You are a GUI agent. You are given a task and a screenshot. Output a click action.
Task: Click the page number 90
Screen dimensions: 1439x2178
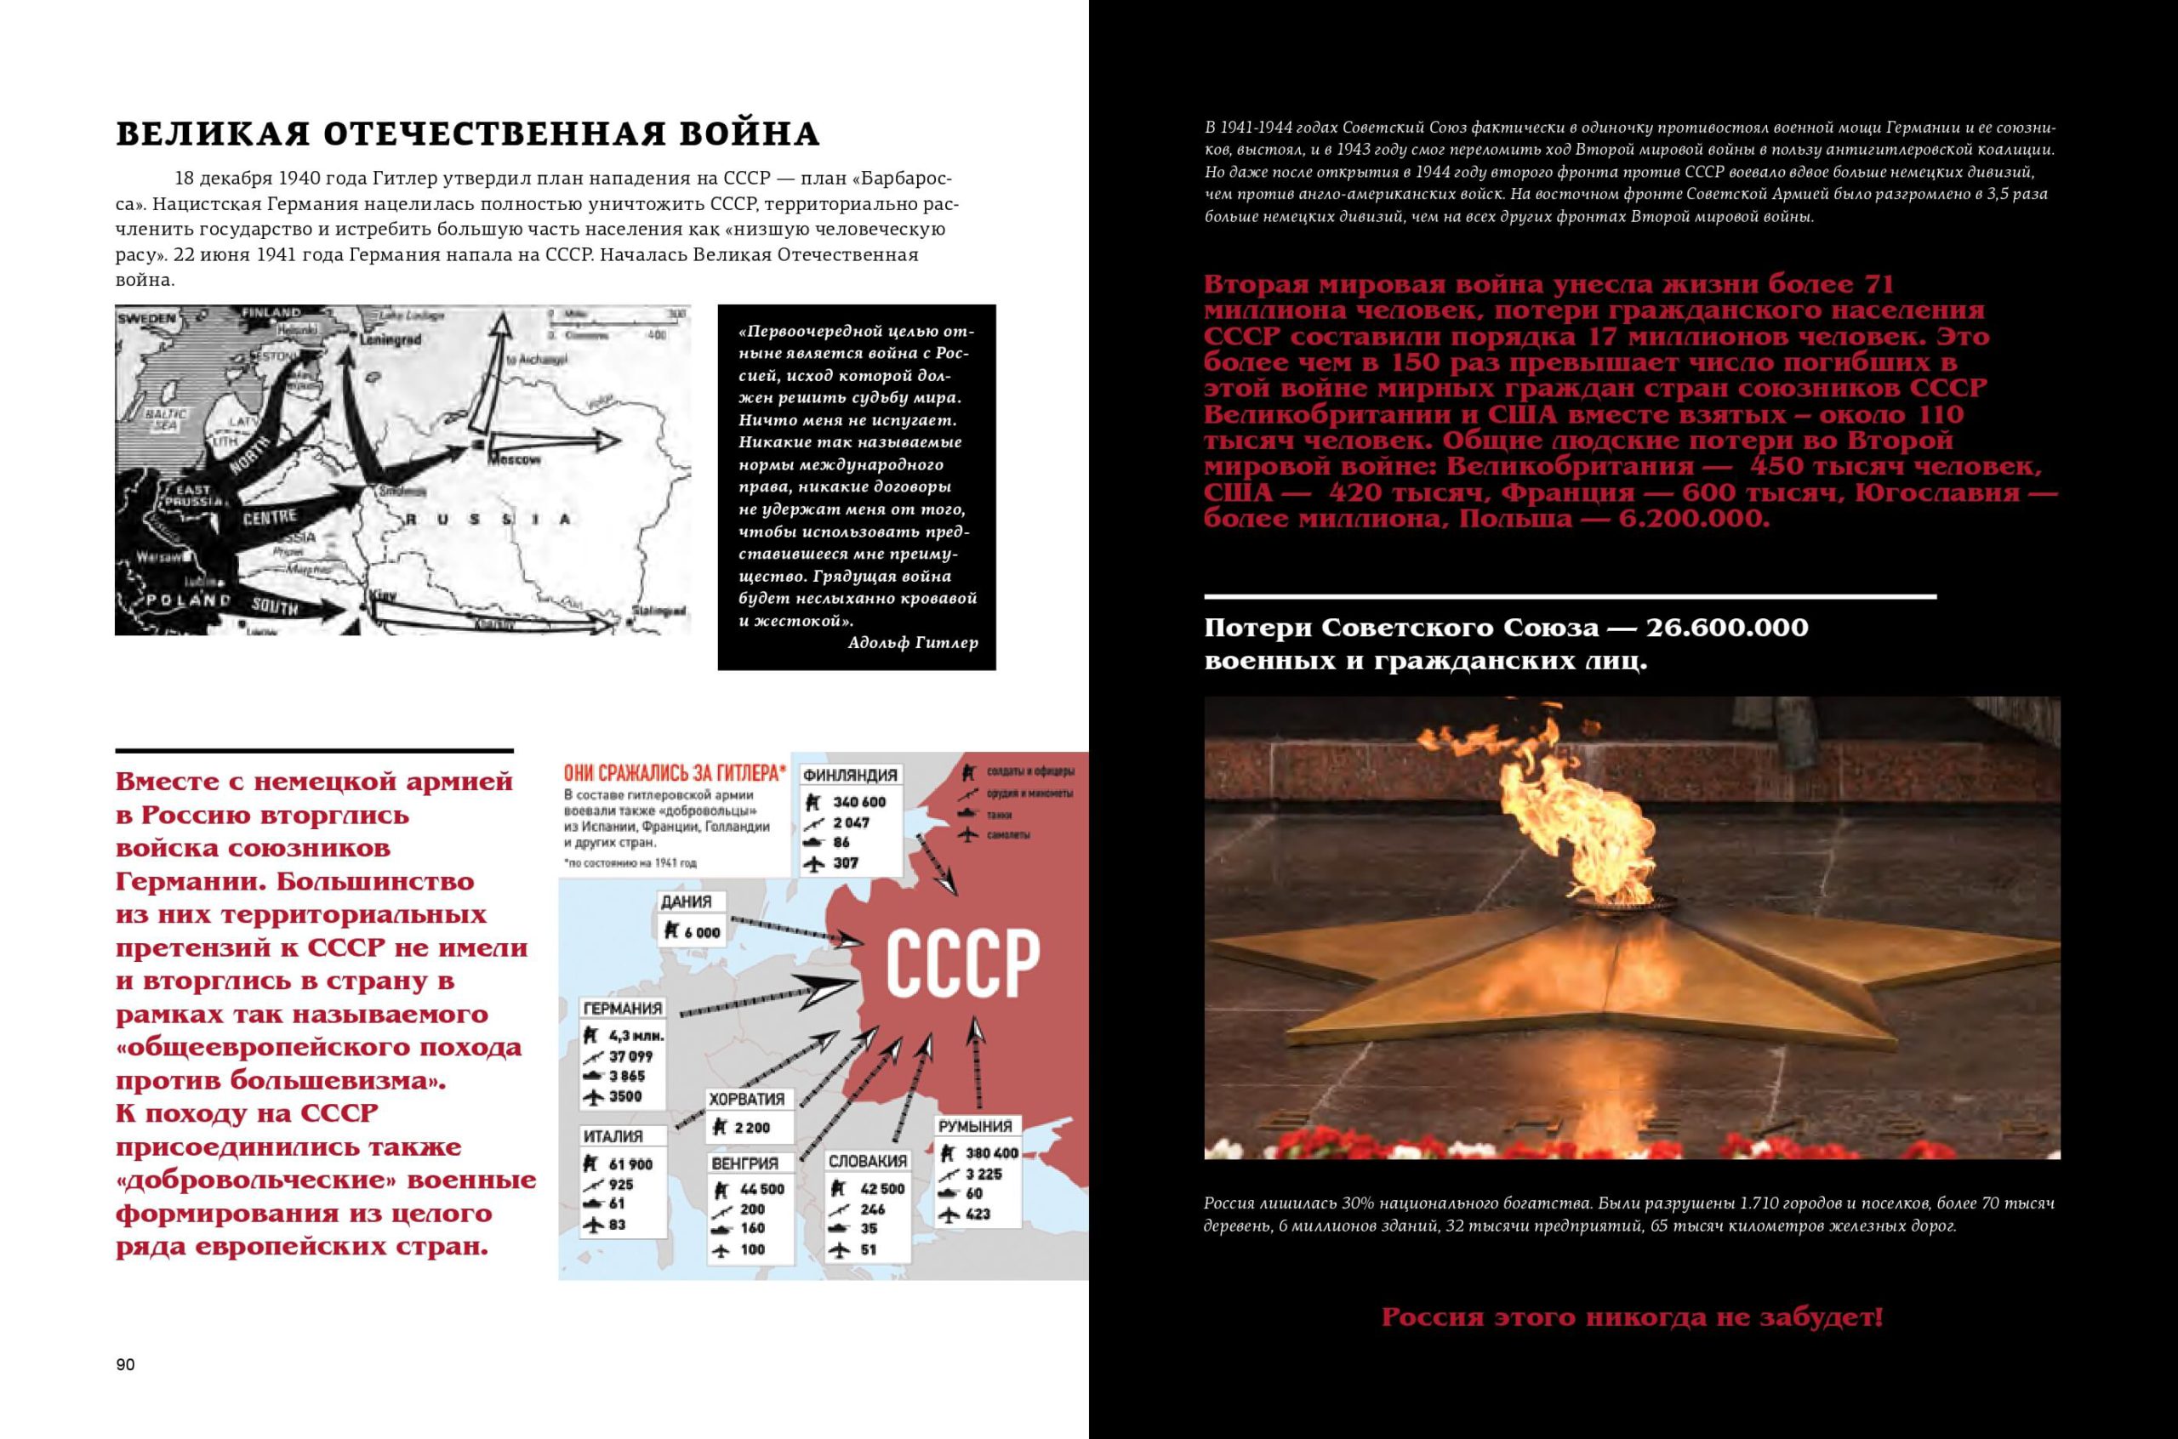[x=126, y=1365]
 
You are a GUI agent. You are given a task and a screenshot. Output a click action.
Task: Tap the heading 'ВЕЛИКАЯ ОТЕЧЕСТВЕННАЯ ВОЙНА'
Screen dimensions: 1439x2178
[x=467, y=134]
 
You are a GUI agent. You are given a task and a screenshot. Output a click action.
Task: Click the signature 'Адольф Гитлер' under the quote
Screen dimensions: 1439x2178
[x=913, y=642]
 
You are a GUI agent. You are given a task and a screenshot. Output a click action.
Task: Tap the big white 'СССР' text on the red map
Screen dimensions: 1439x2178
[x=962, y=964]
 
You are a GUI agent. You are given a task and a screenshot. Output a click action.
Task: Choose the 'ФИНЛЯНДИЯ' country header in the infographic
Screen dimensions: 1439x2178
[x=850, y=775]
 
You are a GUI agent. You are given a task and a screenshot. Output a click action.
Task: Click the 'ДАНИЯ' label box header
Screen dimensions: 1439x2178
[x=687, y=902]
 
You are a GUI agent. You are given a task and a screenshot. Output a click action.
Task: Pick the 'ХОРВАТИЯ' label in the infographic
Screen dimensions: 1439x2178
[x=746, y=1099]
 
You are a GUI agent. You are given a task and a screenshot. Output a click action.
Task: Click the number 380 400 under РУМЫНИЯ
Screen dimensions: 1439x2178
[x=991, y=1152]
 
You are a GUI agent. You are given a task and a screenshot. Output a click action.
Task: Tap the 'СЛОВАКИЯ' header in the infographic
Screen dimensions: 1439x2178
[x=867, y=1161]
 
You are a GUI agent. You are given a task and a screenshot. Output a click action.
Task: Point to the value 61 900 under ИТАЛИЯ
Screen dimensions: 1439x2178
[x=630, y=1164]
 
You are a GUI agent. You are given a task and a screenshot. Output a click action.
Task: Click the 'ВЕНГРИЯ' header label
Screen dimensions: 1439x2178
[x=744, y=1163]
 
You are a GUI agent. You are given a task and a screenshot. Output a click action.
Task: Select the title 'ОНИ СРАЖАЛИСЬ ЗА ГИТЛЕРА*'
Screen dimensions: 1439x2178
[x=675, y=774]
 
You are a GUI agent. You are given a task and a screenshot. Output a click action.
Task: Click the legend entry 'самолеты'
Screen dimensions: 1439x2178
[x=1008, y=835]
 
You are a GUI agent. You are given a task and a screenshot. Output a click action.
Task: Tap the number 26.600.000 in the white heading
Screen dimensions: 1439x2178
[x=1726, y=628]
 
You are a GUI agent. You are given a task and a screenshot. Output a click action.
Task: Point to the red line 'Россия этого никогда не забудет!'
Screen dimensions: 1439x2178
[x=1632, y=1318]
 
